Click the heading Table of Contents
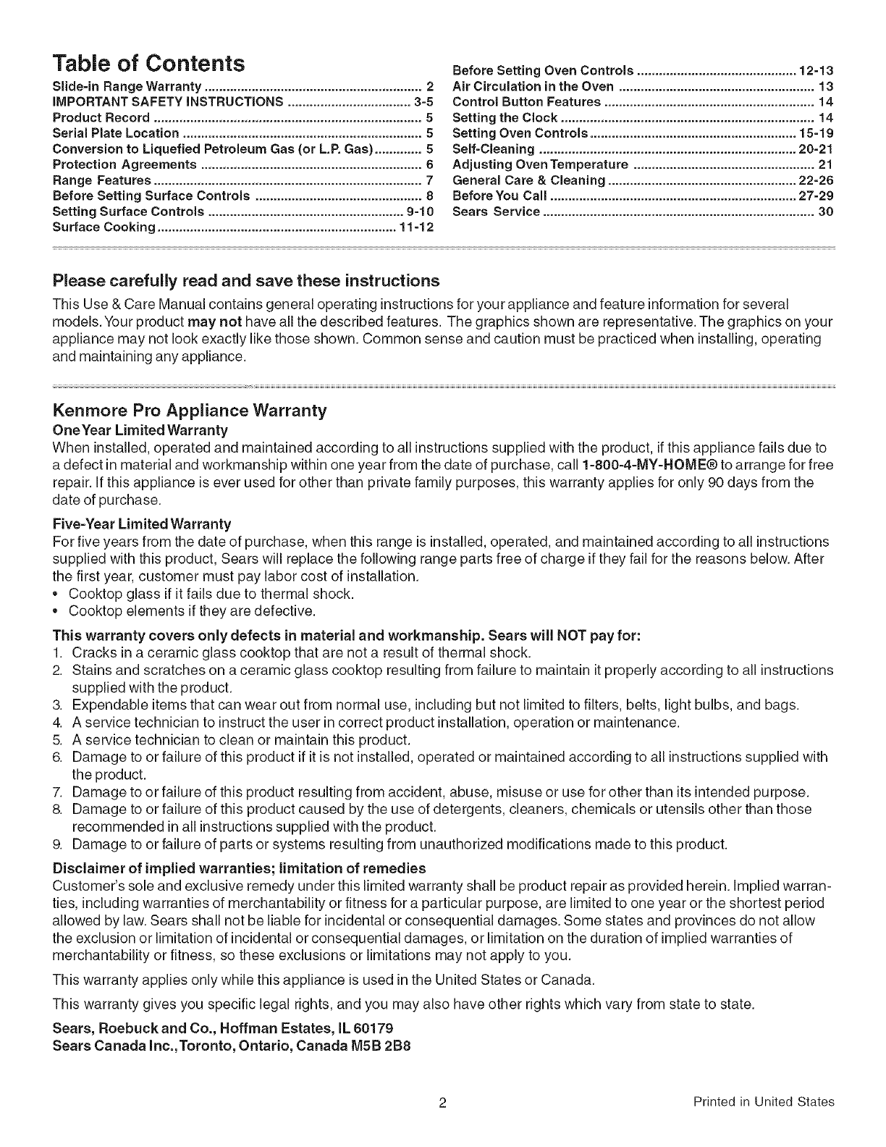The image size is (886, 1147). (x=148, y=63)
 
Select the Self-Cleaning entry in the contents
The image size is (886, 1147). (x=493, y=149)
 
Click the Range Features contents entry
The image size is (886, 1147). (x=102, y=180)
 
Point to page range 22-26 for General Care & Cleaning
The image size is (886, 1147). (x=816, y=180)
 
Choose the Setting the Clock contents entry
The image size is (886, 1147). (x=505, y=117)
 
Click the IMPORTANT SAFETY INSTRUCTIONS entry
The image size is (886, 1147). (x=168, y=101)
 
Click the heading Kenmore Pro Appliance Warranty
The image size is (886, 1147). (x=190, y=411)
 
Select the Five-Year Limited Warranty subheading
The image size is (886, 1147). (x=142, y=524)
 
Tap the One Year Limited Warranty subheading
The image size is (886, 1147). (x=130, y=430)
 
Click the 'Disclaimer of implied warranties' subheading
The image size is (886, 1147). (x=239, y=867)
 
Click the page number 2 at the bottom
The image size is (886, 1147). (x=442, y=1104)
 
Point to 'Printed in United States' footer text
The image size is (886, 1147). (x=763, y=1103)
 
